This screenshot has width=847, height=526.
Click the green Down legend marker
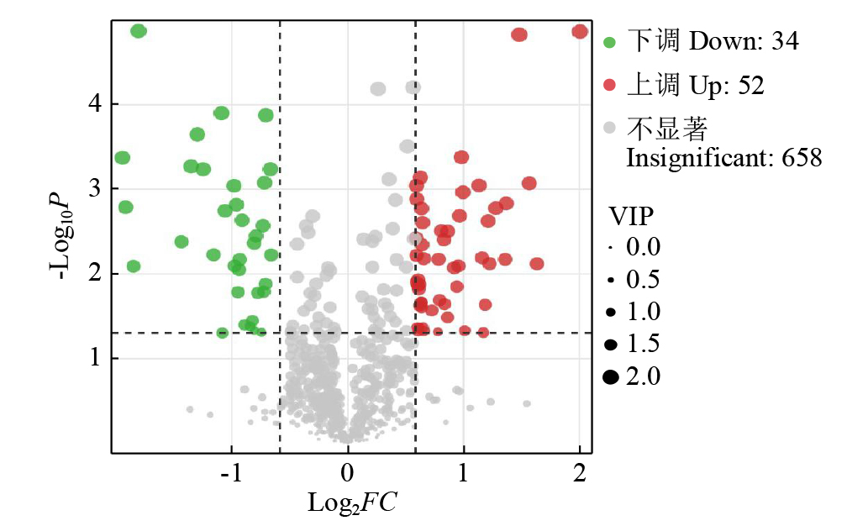(x=610, y=41)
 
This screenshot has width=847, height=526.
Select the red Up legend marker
(x=610, y=85)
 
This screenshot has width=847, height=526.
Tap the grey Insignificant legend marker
(x=610, y=129)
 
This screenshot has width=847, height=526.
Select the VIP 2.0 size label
(x=644, y=376)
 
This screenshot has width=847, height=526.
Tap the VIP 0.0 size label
(x=644, y=247)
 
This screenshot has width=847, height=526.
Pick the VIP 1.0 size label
(x=644, y=312)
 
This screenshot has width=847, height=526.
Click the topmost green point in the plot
(x=139, y=31)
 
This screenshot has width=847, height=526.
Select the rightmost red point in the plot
(x=580, y=31)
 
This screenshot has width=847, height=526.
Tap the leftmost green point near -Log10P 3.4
(x=123, y=158)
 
